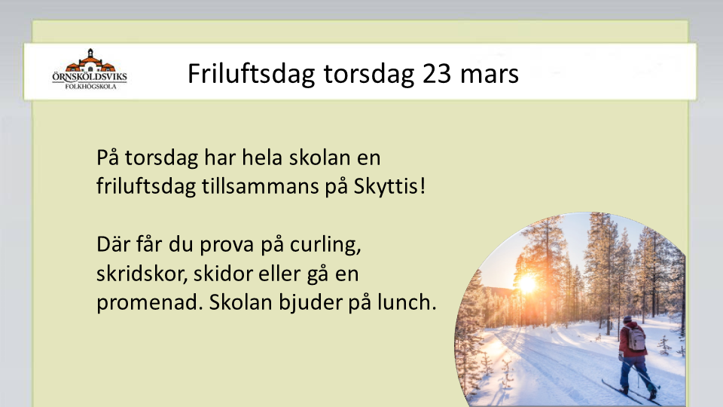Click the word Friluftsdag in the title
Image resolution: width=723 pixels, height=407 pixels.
(251, 73)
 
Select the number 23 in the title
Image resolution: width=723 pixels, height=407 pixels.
(437, 74)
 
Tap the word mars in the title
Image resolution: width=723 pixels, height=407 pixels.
(490, 76)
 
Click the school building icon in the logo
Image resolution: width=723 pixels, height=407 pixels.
(90, 60)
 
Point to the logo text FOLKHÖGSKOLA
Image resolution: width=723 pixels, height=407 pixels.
(90, 86)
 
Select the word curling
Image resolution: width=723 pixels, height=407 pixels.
(325, 245)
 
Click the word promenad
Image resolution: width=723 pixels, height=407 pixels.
(150, 303)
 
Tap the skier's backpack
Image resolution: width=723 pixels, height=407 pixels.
(636, 338)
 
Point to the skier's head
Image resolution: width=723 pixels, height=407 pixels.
(627, 320)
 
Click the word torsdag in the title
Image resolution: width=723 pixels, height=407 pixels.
(368, 75)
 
